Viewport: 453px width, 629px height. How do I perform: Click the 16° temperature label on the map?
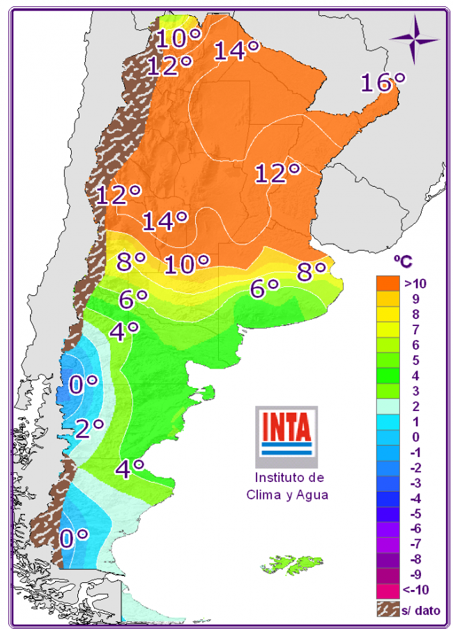(x=383, y=83)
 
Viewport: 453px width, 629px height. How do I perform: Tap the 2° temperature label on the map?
(x=89, y=427)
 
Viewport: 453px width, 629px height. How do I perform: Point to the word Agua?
(x=311, y=495)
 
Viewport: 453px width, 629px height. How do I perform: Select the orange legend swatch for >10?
(x=388, y=284)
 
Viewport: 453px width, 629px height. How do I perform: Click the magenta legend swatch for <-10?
(x=388, y=590)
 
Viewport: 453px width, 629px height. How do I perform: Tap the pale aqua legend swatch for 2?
(x=388, y=406)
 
